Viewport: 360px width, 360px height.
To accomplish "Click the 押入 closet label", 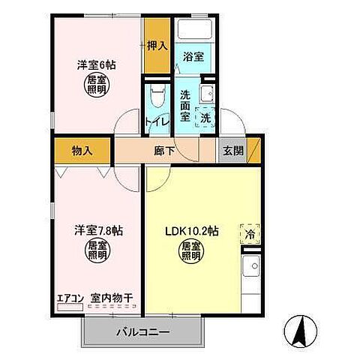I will click(x=157, y=46).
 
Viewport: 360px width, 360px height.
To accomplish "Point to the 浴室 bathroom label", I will click(x=193, y=56).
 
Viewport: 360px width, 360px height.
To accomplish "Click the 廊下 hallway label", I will click(x=165, y=150).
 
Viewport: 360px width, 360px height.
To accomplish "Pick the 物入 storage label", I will click(x=82, y=150).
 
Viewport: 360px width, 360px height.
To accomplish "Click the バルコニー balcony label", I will click(x=142, y=331).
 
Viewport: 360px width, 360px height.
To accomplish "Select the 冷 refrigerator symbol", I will click(x=249, y=234).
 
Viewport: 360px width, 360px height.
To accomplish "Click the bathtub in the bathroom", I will click(x=193, y=31).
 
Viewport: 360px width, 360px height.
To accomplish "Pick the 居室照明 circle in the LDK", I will click(x=193, y=251).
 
